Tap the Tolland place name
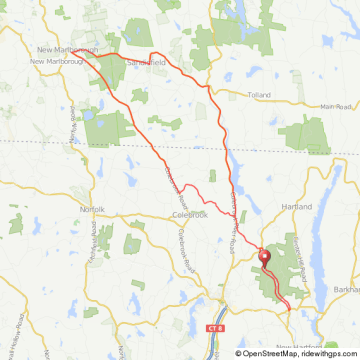(x=260, y=97)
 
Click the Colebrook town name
(x=189, y=213)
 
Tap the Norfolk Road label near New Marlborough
(x=73, y=125)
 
